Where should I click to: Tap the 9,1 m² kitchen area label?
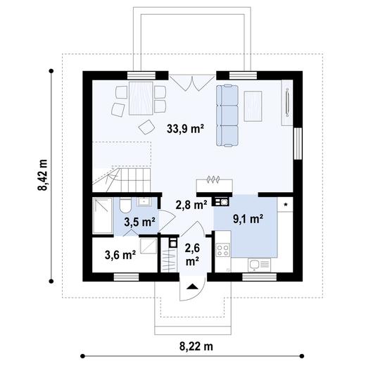tap(248, 218)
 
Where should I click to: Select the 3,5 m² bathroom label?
tap(139, 222)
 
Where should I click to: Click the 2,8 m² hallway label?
tap(190, 205)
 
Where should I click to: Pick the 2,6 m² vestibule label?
tap(191, 254)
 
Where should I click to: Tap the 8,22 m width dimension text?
tap(195, 346)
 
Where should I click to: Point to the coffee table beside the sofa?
tap(253, 103)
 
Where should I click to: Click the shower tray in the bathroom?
tap(102, 215)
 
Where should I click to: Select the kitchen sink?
tap(255, 265)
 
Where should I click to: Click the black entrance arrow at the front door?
tap(191, 285)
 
